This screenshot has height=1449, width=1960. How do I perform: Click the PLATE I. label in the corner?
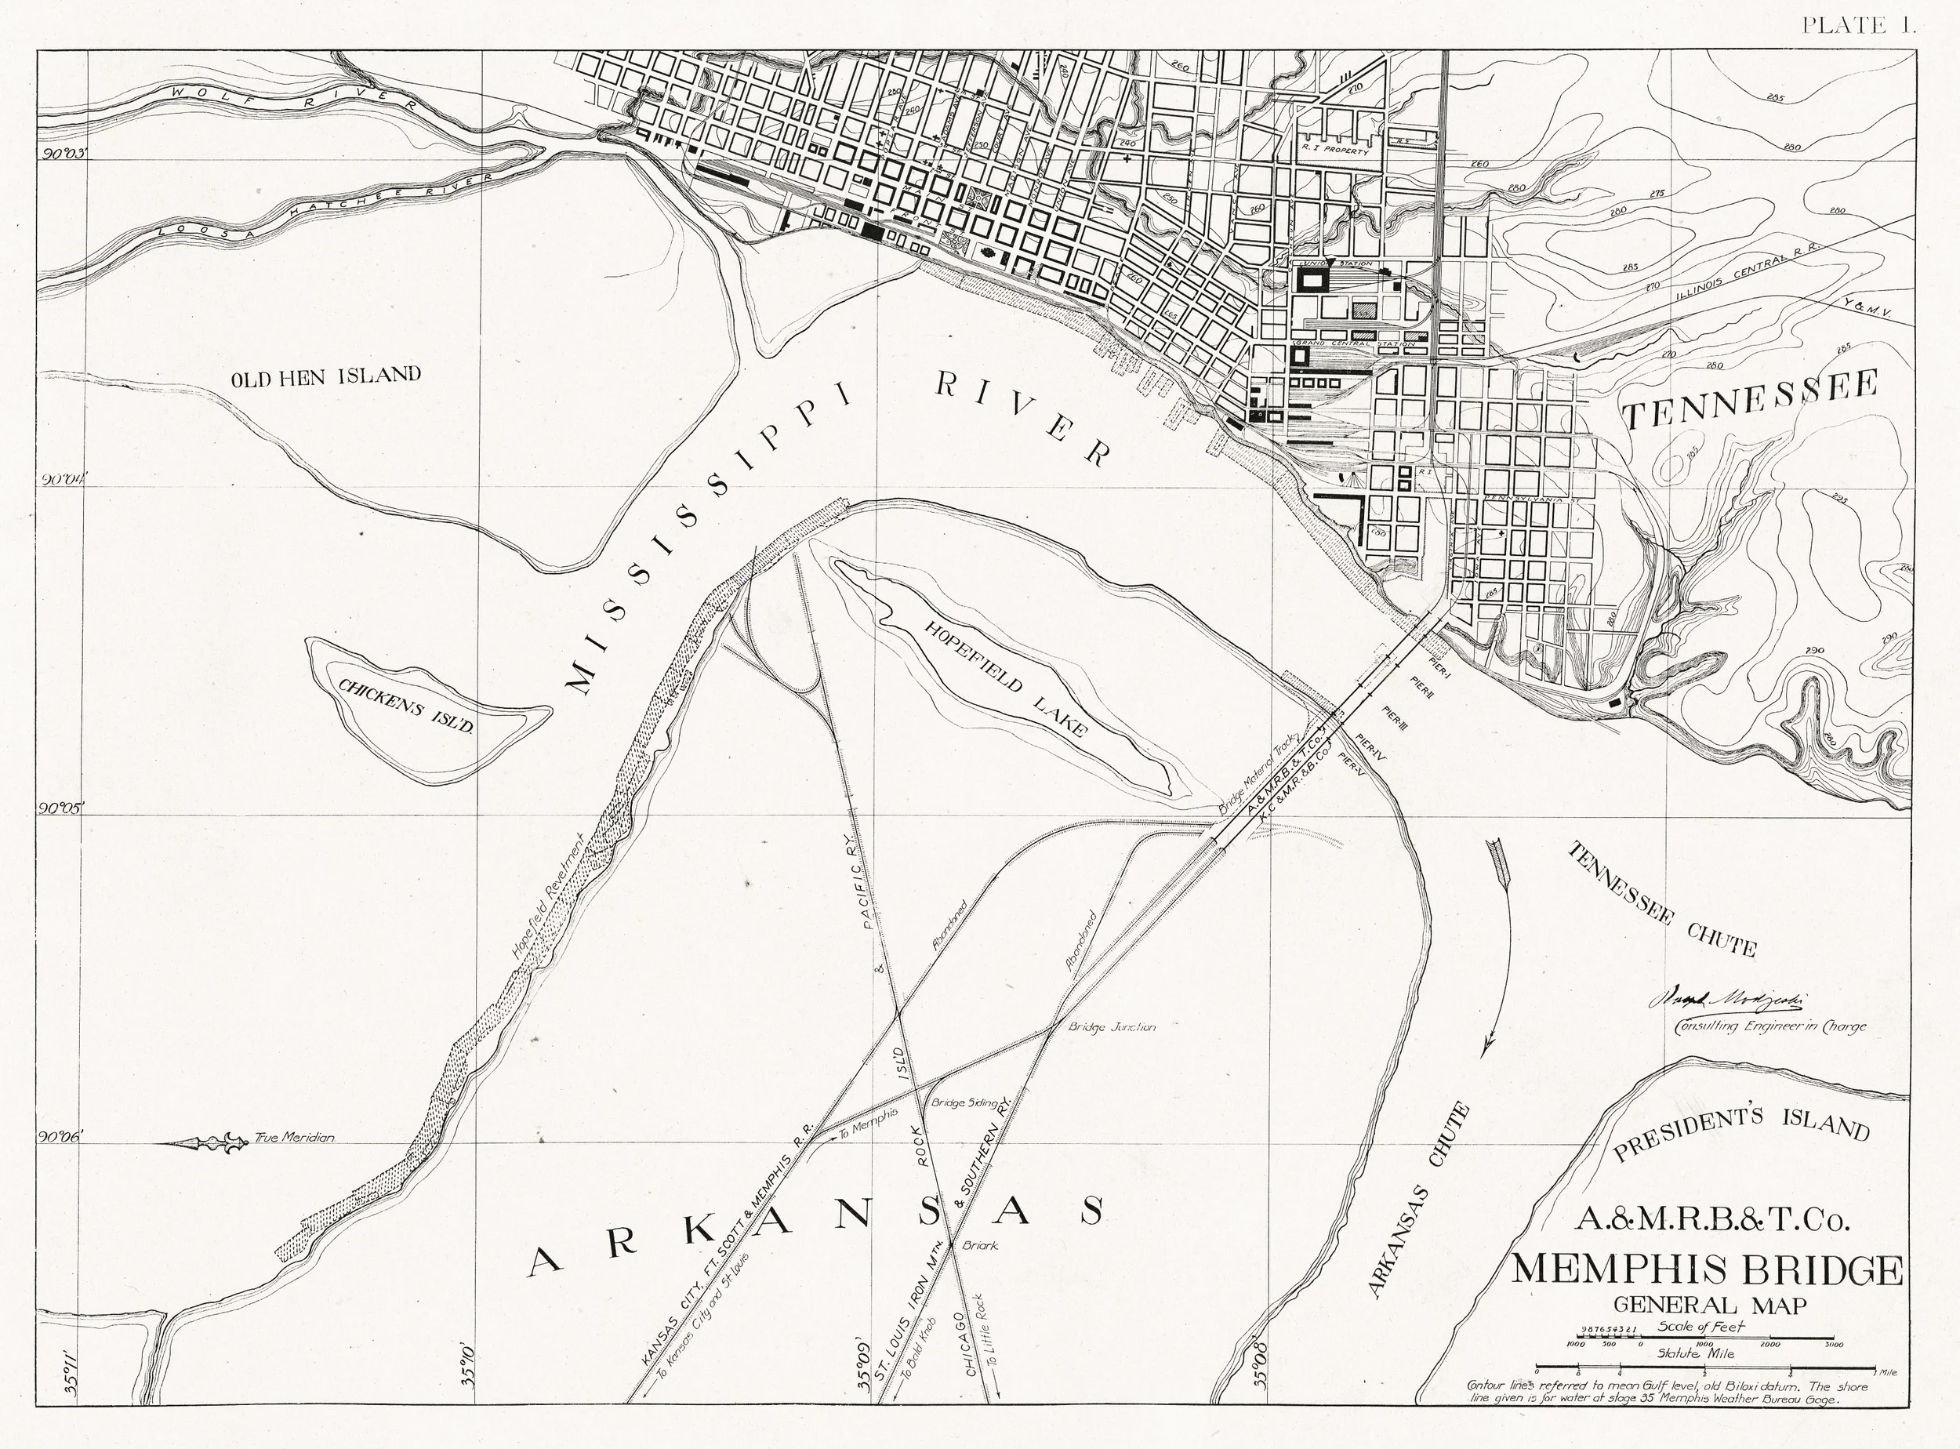pos(1858,25)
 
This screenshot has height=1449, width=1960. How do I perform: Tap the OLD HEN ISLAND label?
pos(325,376)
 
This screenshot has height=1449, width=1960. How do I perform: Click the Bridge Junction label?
pos(1111,1026)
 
